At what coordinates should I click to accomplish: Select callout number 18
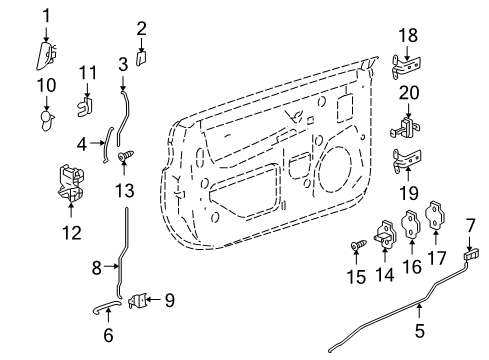click(408, 35)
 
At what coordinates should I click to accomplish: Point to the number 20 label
click(408, 92)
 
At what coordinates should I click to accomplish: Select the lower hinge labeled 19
click(408, 158)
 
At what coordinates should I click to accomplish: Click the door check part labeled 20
click(406, 128)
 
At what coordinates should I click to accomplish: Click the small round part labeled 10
click(45, 117)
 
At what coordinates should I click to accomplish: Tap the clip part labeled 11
click(87, 101)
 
